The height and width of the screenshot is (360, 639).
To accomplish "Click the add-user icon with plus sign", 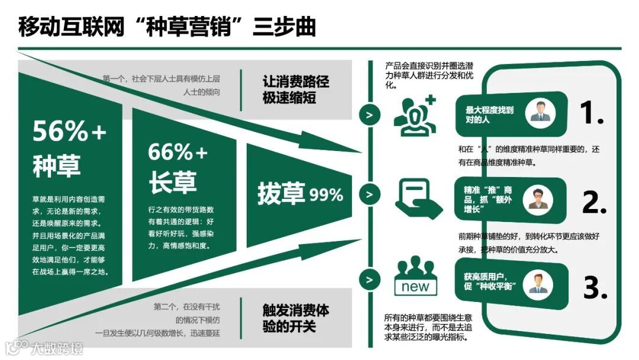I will pos(415,114).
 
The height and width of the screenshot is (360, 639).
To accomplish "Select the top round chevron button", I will pos(370,115).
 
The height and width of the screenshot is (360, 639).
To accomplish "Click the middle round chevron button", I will pos(370,194).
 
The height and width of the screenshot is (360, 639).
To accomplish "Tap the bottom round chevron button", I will pos(370,279).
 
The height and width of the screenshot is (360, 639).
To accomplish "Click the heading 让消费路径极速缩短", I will pos(295,89).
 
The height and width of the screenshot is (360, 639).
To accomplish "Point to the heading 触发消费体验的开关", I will pos(295,318).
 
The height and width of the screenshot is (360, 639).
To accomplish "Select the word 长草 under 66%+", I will pos(172,183).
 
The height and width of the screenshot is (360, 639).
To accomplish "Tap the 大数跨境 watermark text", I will pos(56,348).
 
